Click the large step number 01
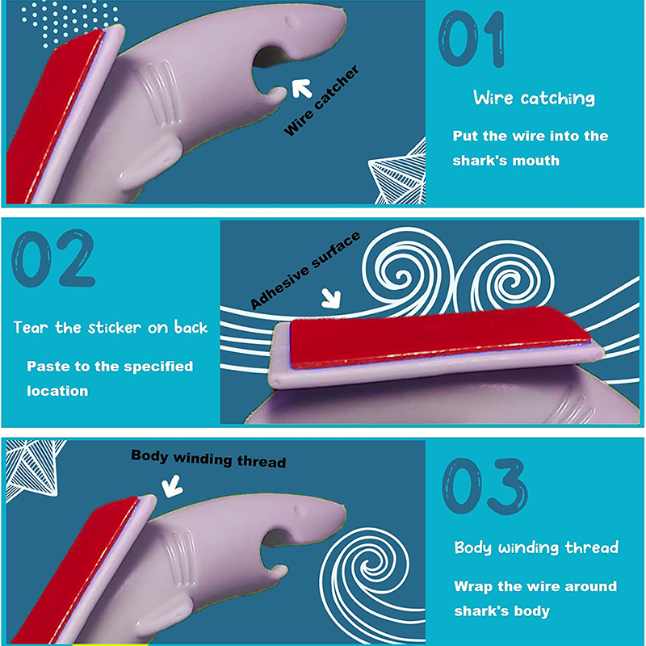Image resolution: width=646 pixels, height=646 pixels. (472, 39)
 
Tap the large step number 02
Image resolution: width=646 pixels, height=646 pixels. (53, 258)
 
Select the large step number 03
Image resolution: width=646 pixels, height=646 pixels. (485, 486)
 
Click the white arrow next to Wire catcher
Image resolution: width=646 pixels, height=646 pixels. (302, 88)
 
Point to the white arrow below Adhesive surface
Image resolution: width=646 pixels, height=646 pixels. (331, 297)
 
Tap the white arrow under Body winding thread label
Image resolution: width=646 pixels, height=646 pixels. (172, 486)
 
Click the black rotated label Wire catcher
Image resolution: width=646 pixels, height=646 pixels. (321, 100)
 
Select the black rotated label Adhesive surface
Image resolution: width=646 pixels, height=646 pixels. (305, 271)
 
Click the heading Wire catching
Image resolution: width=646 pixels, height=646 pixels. (534, 98)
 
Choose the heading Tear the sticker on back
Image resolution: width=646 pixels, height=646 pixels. (111, 328)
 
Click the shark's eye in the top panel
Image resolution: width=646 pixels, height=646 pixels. (293, 22)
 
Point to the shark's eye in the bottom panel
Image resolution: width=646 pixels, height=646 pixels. (300, 511)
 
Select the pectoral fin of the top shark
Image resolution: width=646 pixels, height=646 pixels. (151, 161)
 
